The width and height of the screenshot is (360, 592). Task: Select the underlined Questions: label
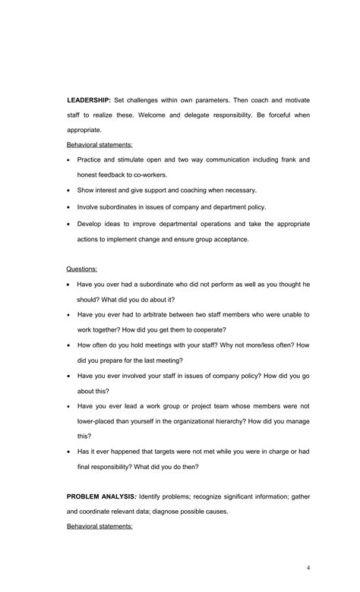(81, 269)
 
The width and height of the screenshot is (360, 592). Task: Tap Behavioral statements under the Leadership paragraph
(99, 144)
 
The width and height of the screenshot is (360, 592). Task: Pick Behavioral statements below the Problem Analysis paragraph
(99, 525)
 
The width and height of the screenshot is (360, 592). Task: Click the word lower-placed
(99, 421)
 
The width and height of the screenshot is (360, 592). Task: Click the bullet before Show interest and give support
(68, 191)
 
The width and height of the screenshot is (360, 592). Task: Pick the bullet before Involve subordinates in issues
(68, 206)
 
